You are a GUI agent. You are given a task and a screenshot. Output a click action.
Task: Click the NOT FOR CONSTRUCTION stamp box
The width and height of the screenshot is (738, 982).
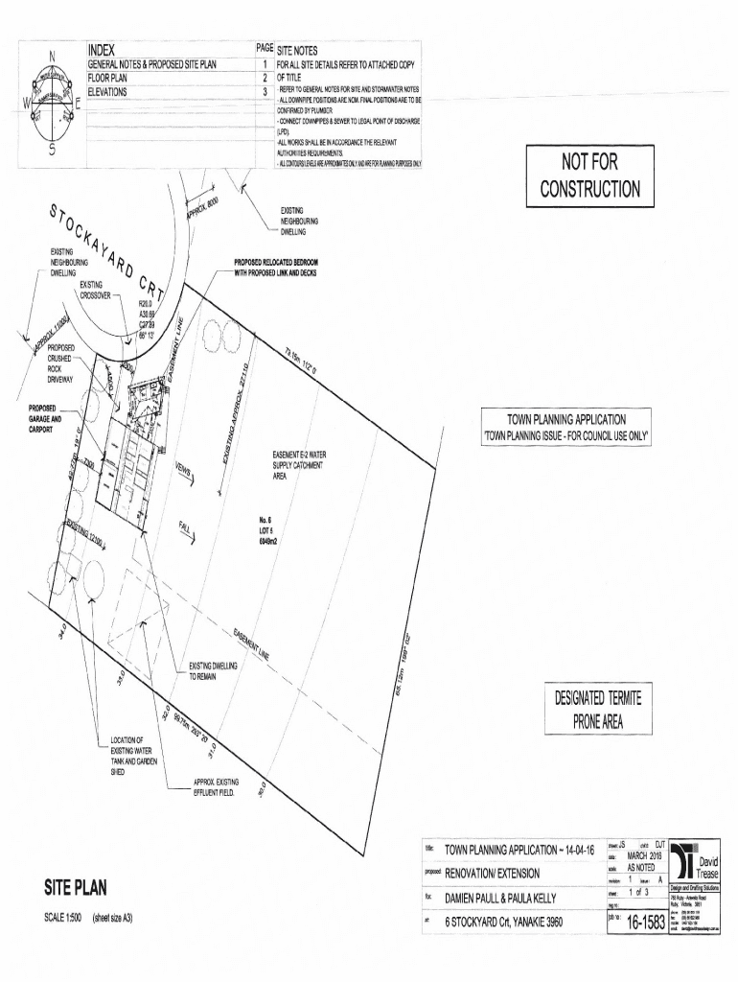tap(589, 176)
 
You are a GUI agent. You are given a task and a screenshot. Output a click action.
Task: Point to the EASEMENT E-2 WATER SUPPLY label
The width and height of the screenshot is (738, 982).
tap(298, 465)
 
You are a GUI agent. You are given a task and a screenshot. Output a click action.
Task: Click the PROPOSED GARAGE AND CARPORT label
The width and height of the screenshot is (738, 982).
tap(44, 419)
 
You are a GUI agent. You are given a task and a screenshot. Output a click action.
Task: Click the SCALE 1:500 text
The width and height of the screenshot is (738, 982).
tap(64, 918)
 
